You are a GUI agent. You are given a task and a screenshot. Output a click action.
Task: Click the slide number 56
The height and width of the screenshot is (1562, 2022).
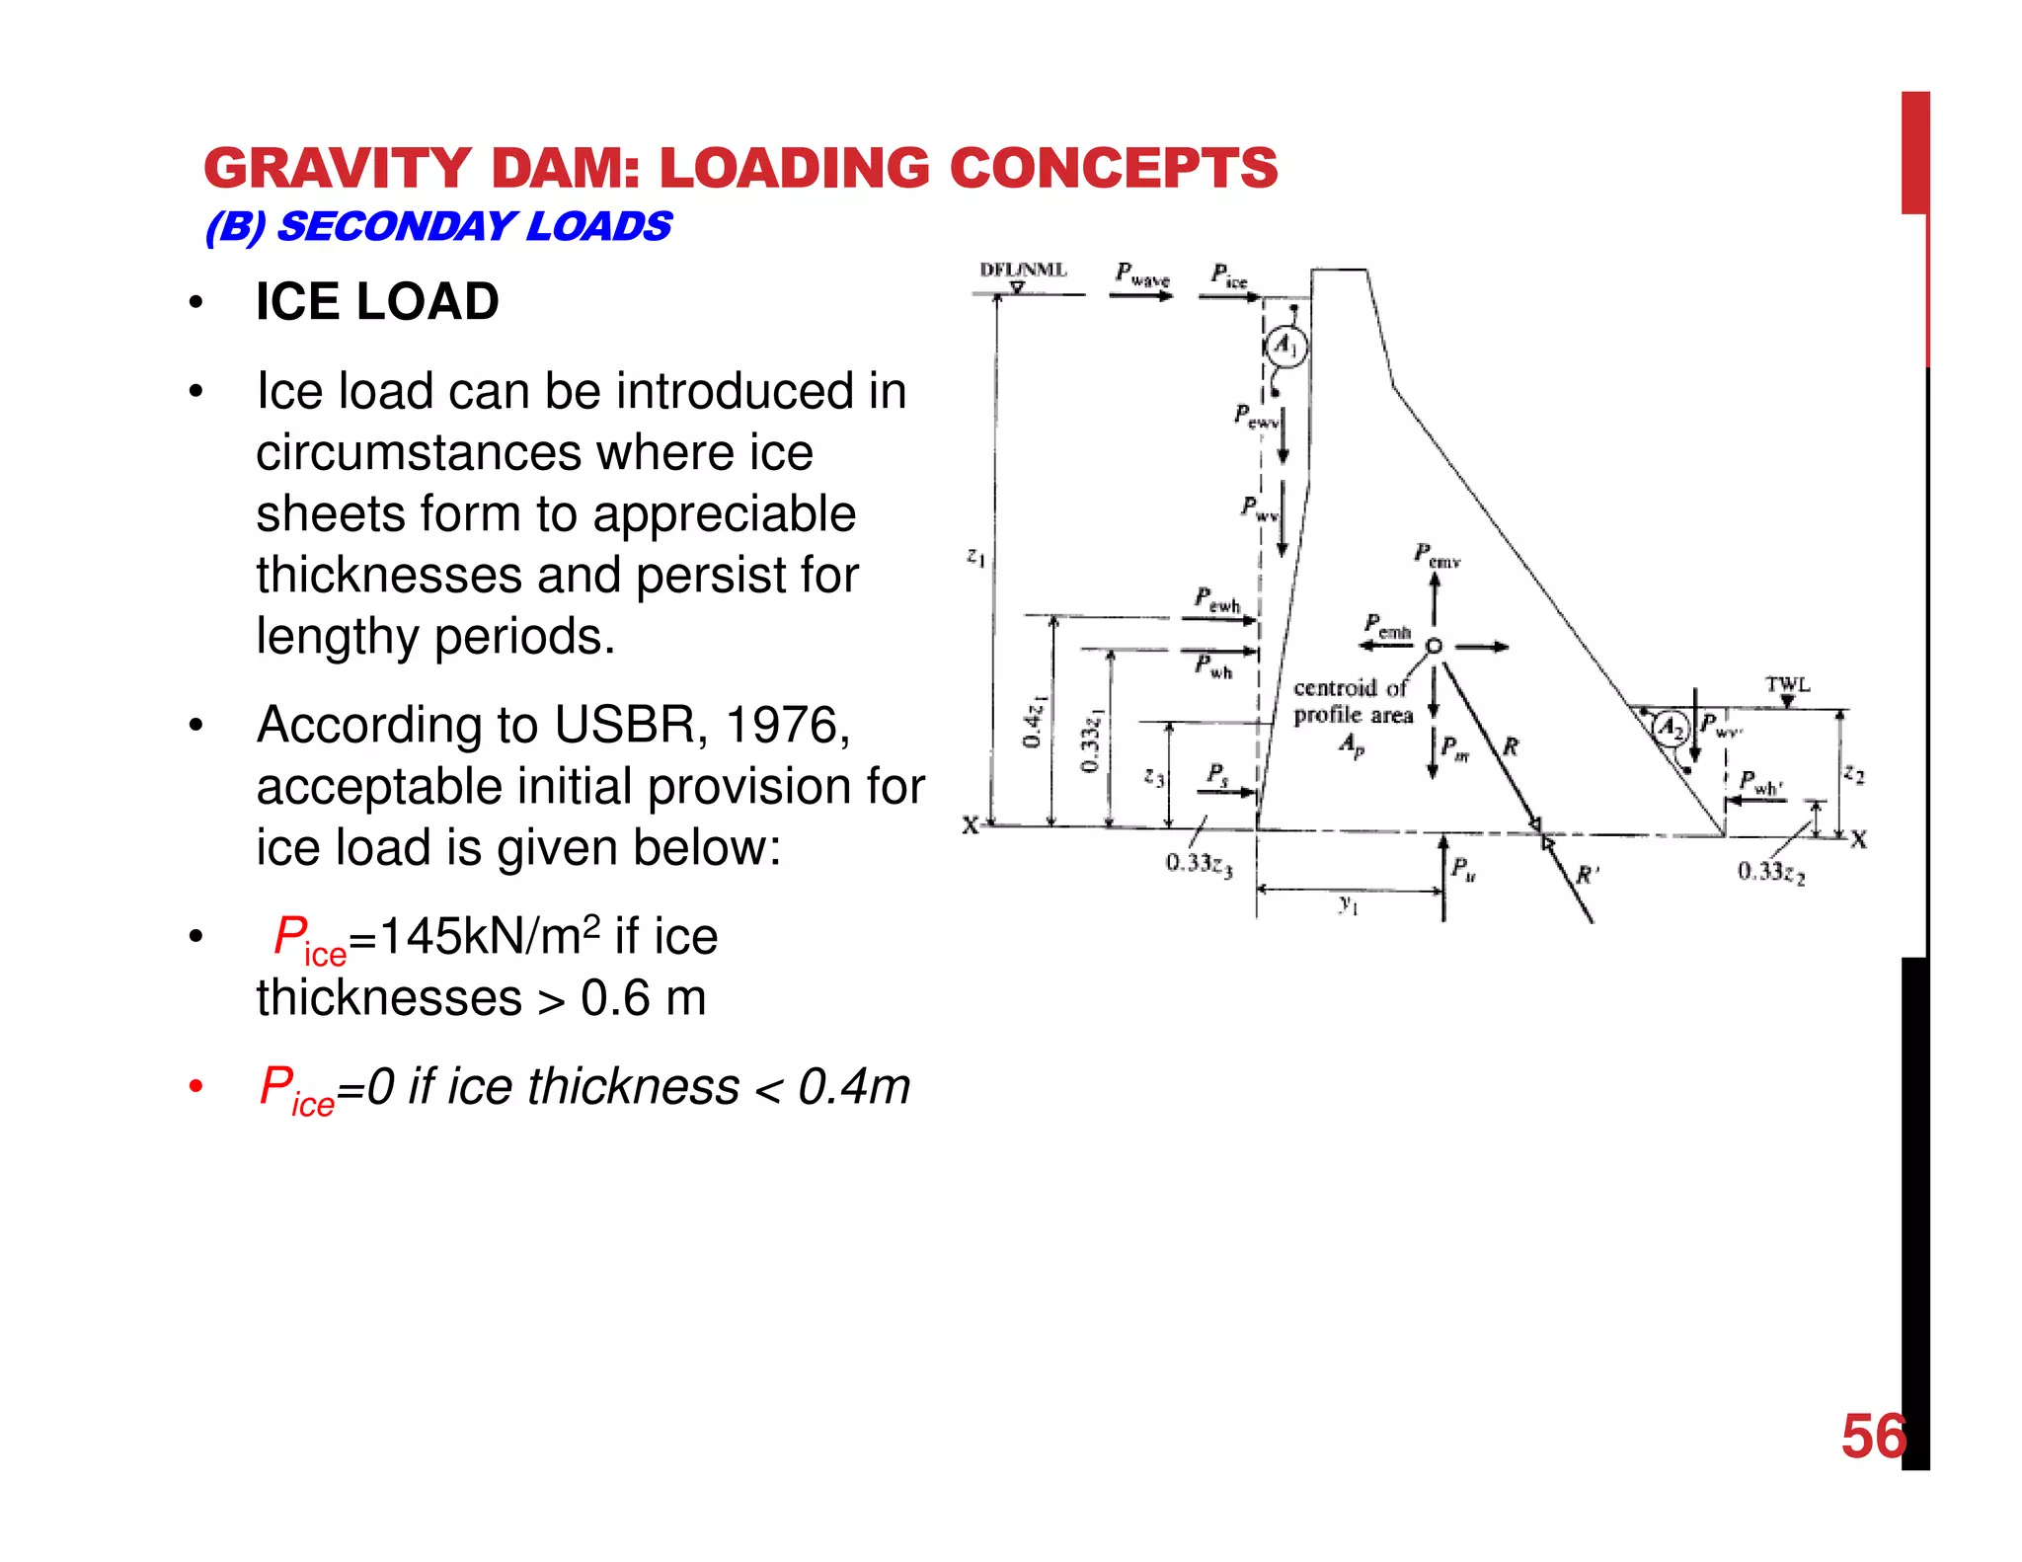1873,1437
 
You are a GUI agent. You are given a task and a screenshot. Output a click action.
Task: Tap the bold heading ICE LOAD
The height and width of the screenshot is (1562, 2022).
377,301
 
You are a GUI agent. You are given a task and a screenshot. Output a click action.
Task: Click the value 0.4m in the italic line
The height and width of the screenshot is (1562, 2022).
853,1087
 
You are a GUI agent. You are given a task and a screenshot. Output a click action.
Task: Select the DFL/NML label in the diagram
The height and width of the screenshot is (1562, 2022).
1023,271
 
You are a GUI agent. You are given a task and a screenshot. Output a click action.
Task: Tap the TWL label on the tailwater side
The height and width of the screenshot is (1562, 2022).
1787,684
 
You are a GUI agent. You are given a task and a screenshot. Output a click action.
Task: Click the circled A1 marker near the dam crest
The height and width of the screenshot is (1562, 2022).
1285,347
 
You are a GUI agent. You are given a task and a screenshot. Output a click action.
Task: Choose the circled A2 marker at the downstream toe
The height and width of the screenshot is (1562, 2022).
1670,729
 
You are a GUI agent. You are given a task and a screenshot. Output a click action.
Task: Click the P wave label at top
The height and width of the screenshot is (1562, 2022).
1142,274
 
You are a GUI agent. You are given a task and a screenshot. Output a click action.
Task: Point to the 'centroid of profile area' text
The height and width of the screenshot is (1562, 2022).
1353,701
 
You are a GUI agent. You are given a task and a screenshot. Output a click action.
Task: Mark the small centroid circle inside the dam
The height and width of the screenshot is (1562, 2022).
1435,646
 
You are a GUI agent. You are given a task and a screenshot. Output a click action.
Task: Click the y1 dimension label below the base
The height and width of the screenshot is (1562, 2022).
1349,904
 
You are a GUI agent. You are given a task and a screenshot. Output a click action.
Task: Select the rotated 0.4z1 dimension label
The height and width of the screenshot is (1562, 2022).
1034,721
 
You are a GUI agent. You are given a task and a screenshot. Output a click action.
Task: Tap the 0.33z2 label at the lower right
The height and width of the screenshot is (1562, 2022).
1771,872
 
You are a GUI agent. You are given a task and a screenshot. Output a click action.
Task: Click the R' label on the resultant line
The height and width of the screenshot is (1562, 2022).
1587,874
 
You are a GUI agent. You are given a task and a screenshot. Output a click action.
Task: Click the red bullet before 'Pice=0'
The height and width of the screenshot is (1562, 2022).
196,1087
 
